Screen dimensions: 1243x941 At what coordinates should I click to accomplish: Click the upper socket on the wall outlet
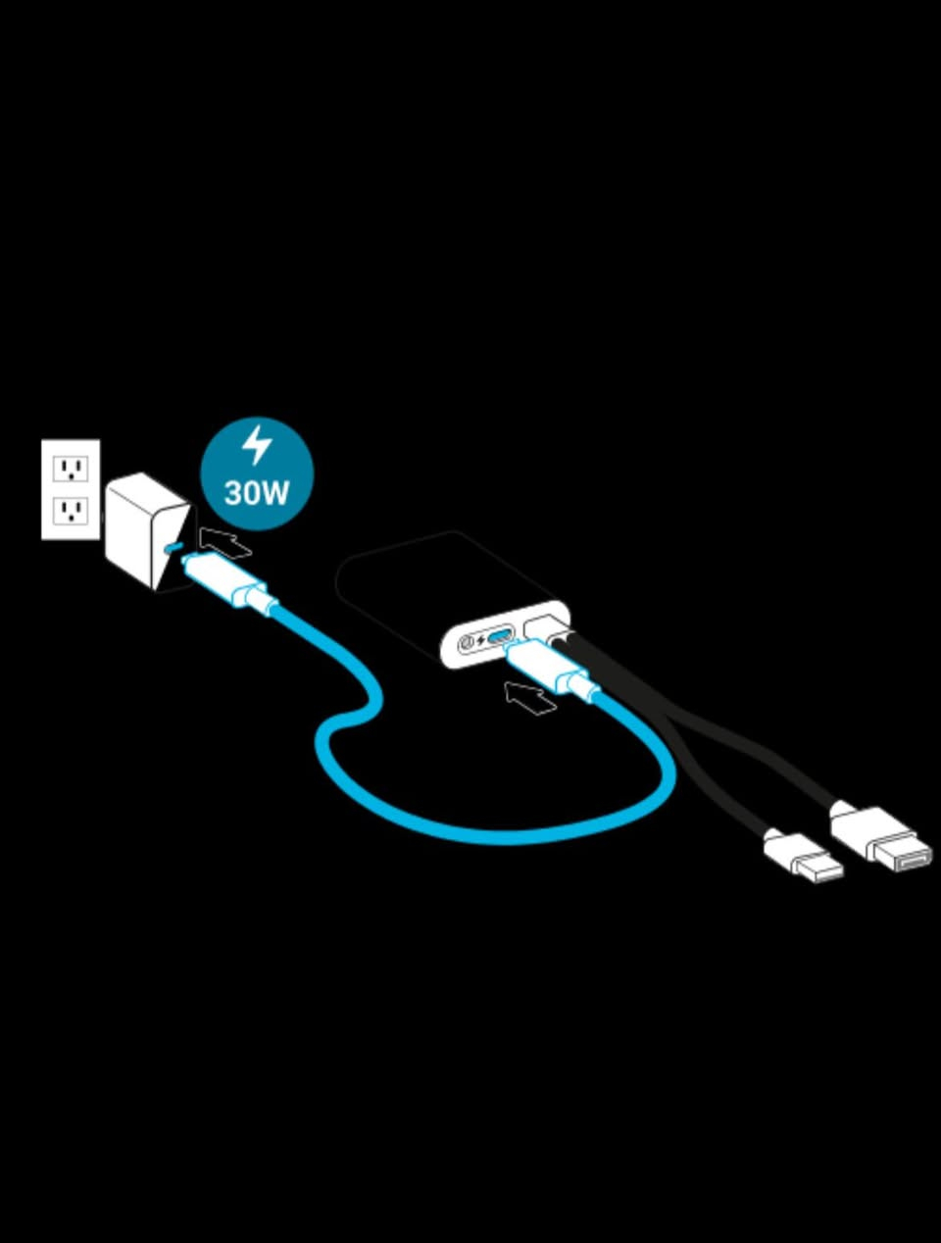tap(70, 468)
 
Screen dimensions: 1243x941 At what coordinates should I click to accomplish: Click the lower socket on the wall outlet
tap(70, 510)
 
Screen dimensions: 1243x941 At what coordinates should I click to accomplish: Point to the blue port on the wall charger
tap(175, 546)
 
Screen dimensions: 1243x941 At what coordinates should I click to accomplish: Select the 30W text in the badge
tap(257, 491)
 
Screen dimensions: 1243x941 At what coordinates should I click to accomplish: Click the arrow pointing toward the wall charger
tap(223, 541)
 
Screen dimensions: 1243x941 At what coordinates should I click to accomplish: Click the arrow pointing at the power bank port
tap(529, 697)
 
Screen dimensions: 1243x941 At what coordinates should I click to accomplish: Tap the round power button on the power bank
tap(467, 644)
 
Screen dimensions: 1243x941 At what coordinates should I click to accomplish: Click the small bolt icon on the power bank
tap(481, 642)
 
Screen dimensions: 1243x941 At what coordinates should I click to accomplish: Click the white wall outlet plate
tap(70, 489)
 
